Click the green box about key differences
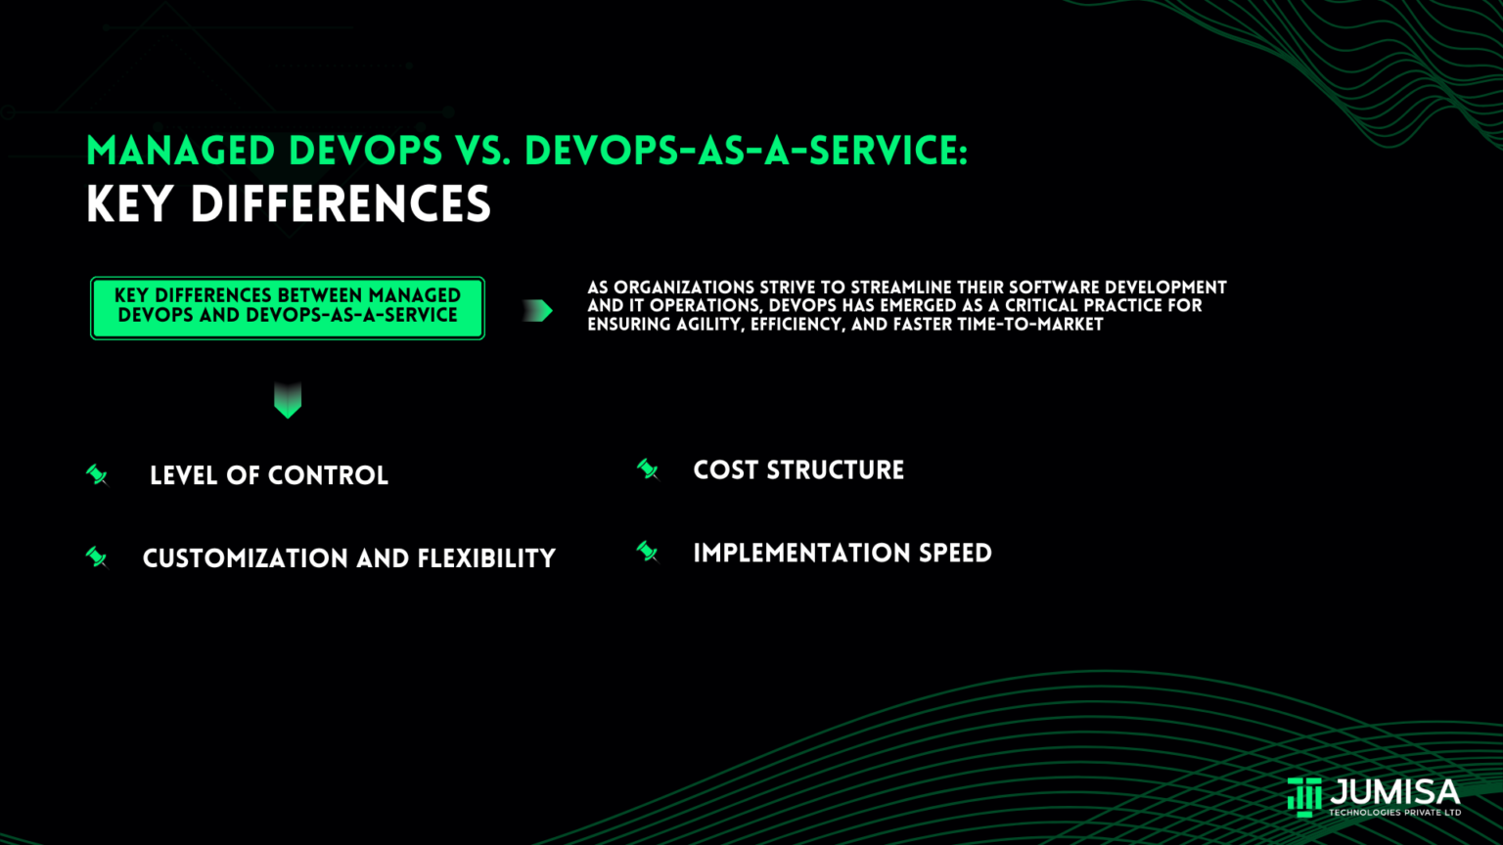pyautogui.click(x=288, y=308)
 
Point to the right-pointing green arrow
pyautogui.click(x=537, y=311)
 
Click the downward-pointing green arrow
pyautogui.click(x=288, y=400)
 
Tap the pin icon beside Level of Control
pyautogui.click(x=97, y=475)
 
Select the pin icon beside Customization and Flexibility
pyautogui.click(x=97, y=557)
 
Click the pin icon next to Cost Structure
pyautogui.click(x=648, y=470)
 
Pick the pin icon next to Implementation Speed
pyautogui.click(x=648, y=553)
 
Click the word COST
pyautogui.click(x=726, y=470)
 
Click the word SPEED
pyautogui.click(x=955, y=554)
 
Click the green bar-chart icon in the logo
pyautogui.click(x=1304, y=796)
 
